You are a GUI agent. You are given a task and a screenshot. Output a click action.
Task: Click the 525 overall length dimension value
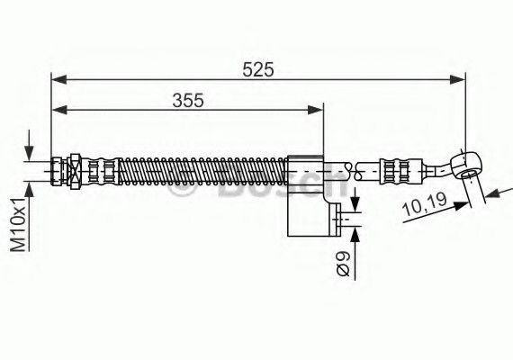(257, 69)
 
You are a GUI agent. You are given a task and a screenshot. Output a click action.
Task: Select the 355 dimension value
(188, 100)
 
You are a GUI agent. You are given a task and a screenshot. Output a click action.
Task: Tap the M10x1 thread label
(18, 224)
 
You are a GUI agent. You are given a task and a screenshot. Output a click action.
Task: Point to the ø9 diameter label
(343, 264)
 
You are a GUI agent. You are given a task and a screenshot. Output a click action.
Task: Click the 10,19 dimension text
(426, 205)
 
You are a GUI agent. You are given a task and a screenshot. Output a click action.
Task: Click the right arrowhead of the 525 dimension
(457, 79)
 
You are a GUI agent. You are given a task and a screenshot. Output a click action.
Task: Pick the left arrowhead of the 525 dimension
(59, 79)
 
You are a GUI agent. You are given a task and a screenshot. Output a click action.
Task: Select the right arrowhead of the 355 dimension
(315, 111)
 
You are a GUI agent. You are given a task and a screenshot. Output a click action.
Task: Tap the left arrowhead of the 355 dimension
(59, 111)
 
